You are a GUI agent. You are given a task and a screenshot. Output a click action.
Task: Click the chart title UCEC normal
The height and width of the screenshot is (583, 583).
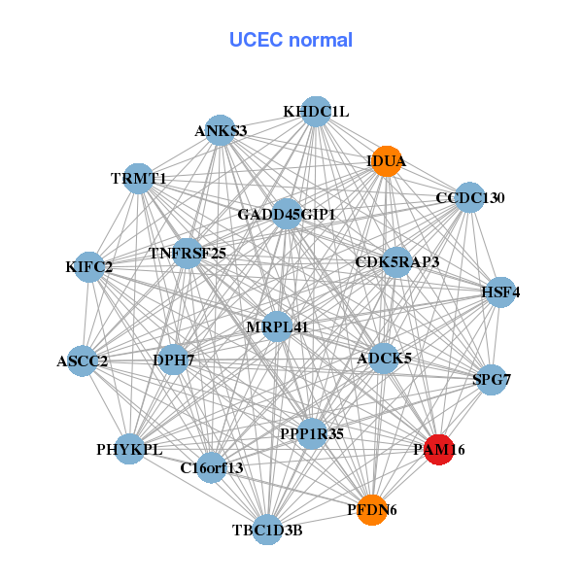point(291,40)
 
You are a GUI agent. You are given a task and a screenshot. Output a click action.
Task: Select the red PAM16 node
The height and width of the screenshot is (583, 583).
point(439,450)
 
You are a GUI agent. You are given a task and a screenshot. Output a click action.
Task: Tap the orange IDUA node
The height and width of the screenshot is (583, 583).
point(387,160)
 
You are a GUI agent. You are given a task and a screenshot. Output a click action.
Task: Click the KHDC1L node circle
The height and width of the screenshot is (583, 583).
point(316,112)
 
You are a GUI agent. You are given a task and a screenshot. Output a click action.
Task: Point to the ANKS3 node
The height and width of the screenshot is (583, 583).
point(222,131)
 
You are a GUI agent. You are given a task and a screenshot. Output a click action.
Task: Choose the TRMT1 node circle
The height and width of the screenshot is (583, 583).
point(139,179)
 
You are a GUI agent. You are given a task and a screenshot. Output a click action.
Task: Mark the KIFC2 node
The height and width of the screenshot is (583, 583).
point(89,266)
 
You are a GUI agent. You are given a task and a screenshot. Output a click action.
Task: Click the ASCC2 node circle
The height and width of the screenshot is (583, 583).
point(83,361)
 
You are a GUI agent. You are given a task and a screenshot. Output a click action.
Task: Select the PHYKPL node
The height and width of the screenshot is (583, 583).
point(130,449)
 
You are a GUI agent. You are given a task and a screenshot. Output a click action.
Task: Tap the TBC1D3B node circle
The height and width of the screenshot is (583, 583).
point(267,530)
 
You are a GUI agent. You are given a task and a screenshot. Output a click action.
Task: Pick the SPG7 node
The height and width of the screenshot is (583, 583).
point(491,379)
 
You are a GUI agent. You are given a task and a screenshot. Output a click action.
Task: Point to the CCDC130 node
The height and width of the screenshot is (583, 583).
point(470,198)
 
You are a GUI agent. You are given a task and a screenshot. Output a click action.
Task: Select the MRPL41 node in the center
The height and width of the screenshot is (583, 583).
point(277,327)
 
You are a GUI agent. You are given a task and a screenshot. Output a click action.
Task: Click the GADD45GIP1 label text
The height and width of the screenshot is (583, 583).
point(288,214)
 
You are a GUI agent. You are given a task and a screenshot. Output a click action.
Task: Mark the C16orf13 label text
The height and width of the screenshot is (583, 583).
point(212,468)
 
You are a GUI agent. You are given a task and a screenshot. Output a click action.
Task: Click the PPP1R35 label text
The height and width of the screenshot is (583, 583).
point(311,432)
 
